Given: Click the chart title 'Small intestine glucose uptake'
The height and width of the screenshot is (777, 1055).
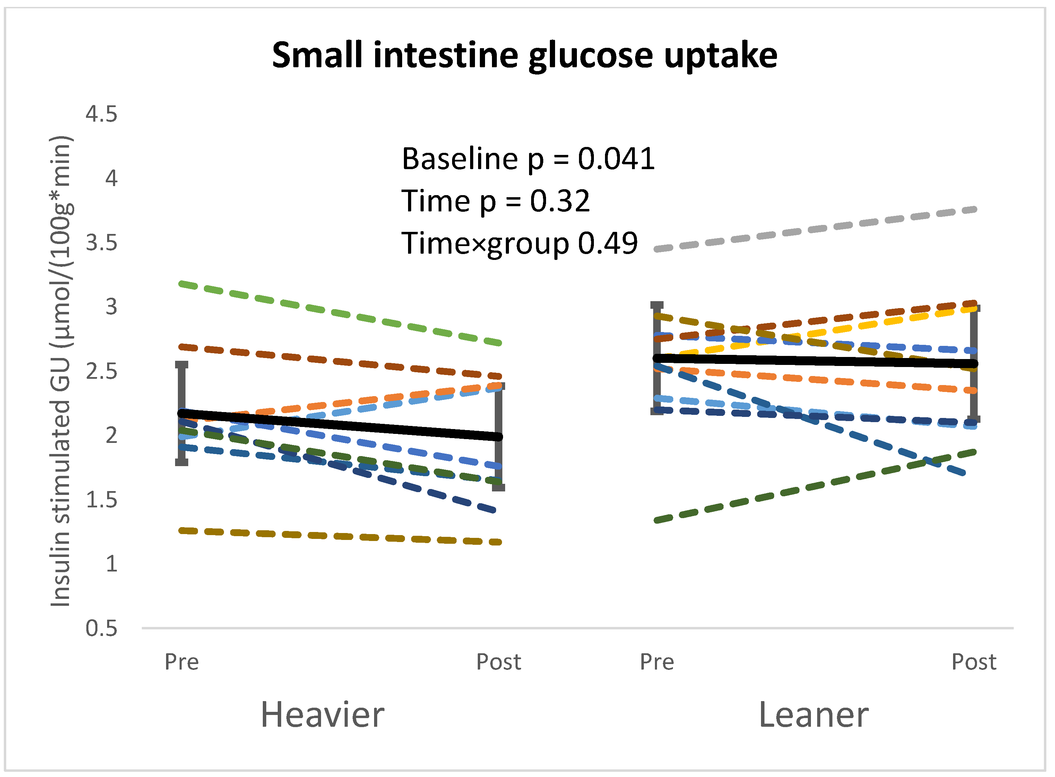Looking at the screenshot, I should coord(524,55).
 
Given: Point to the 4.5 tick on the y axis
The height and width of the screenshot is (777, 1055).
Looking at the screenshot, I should coord(101,114).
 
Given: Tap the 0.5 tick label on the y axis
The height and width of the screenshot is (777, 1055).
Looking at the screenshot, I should coord(101,629).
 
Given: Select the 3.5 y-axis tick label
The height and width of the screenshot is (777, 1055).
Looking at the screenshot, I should coord(101,243).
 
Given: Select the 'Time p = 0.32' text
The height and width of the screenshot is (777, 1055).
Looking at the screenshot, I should coord(495,201).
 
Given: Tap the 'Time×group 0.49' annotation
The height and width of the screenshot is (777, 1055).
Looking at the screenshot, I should coord(519,243).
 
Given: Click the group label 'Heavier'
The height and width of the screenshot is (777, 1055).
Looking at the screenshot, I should coord(322,715).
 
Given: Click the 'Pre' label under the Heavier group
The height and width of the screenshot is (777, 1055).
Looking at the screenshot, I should coord(182,662).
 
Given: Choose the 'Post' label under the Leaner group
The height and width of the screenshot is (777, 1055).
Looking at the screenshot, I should coord(973,662).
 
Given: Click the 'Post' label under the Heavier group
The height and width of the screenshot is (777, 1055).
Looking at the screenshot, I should coord(498,662).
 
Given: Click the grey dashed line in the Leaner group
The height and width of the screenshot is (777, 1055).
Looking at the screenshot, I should coord(814,229).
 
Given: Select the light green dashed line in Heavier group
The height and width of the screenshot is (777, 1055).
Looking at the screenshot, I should coord(339,313).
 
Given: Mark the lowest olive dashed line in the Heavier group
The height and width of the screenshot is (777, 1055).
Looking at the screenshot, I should coord(339,536).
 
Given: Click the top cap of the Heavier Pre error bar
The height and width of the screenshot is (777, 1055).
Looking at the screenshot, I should coord(182,365).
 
